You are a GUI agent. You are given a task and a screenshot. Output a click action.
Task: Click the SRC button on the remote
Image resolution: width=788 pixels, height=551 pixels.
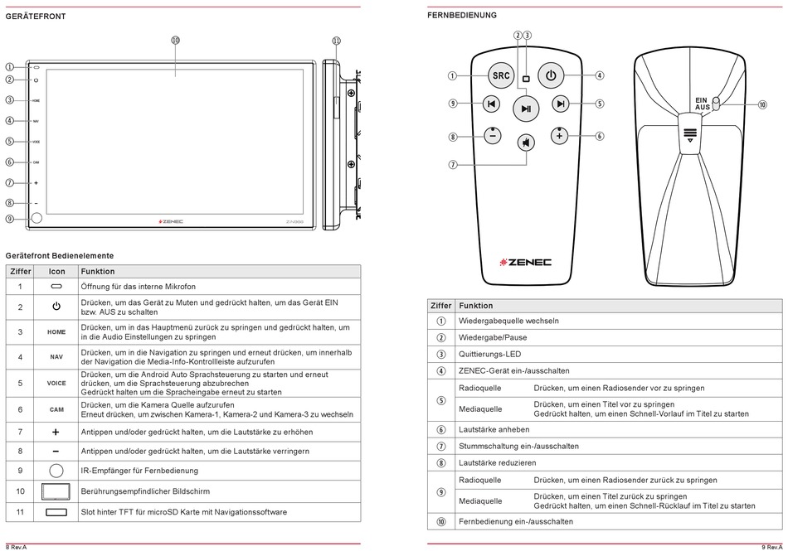pyautogui.click(x=501, y=75)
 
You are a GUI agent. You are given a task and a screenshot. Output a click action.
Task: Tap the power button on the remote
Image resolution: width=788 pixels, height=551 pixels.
pyautogui.click(x=550, y=75)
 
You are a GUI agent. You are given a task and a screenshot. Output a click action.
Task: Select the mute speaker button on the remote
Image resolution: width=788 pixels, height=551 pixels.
pyautogui.click(x=526, y=143)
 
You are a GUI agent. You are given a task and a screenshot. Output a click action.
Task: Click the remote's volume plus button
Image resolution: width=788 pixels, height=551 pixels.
pyautogui.click(x=560, y=136)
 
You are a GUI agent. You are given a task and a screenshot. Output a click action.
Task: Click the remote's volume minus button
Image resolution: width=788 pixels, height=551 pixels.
pyautogui.click(x=493, y=136)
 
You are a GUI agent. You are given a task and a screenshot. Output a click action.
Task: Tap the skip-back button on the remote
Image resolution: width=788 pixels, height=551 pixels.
pyautogui.click(x=492, y=104)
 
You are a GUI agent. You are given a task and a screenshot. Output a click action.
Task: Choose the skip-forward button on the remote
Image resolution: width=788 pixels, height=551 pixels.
pyautogui.click(x=561, y=104)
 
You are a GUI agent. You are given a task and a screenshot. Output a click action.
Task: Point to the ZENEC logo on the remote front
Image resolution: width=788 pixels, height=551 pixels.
pyautogui.click(x=526, y=262)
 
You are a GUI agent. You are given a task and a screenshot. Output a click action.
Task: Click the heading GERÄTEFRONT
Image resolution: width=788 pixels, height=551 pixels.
pyautogui.click(x=36, y=16)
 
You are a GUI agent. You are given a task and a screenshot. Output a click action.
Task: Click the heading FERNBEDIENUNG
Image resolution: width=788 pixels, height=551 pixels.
pyautogui.click(x=462, y=15)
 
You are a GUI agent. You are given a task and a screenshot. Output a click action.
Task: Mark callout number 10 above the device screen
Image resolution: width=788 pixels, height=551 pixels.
pyautogui.click(x=175, y=40)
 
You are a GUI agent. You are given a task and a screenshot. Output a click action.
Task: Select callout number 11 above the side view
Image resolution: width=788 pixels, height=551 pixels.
pyautogui.click(x=336, y=40)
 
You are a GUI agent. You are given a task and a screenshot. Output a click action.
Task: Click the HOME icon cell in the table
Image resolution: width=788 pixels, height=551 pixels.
pyautogui.click(x=56, y=332)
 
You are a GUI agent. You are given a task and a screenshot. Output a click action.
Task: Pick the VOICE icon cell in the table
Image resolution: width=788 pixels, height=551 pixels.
pyautogui.click(x=56, y=384)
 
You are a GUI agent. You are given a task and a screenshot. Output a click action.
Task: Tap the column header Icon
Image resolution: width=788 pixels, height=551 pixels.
pyautogui.click(x=56, y=272)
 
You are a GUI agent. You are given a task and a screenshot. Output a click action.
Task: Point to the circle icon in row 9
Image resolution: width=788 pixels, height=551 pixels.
pyautogui.click(x=56, y=470)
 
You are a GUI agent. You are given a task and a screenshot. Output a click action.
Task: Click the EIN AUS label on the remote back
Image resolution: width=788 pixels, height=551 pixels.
pyautogui.click(x=702, y=104)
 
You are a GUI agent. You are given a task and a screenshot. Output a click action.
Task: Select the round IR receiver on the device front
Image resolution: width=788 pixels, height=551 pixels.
pyautogui.click(x=36, y=219)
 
